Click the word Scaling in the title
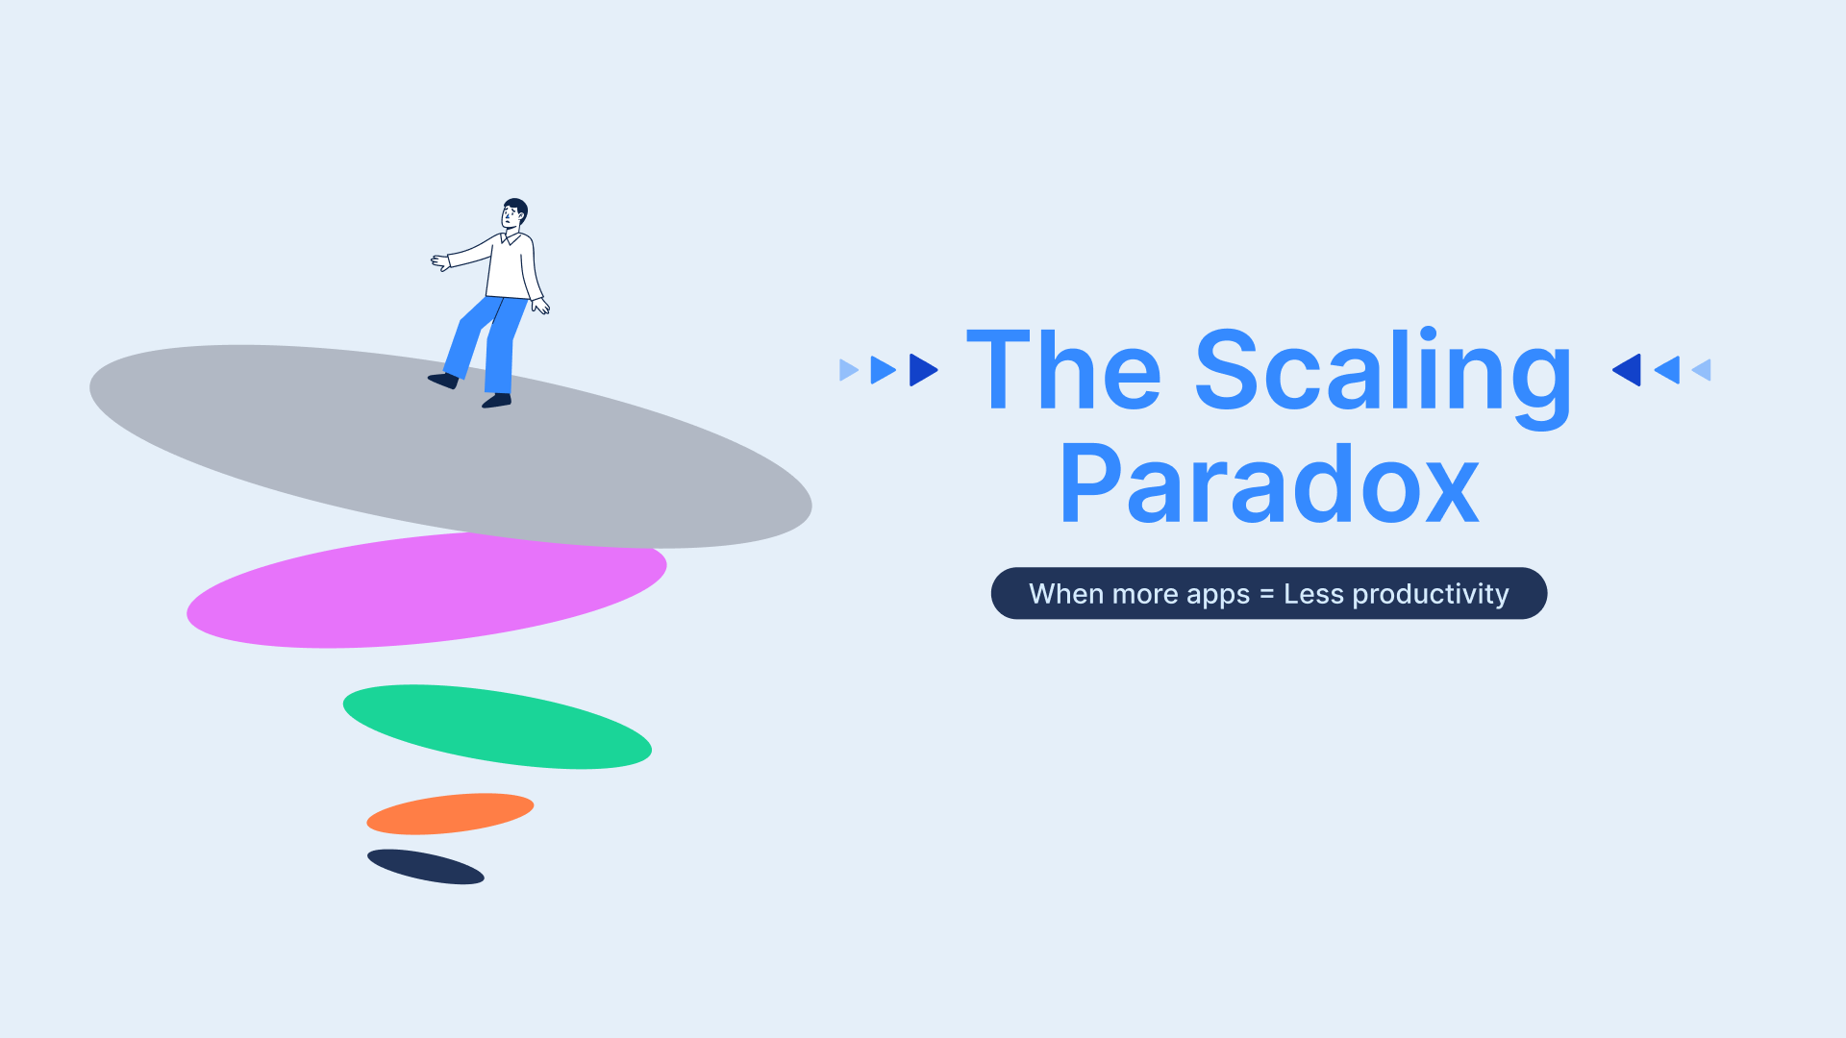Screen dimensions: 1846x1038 click(x=1384, y=377)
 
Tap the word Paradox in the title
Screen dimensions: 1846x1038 click(x=1269, y=485)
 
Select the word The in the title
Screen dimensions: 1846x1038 click(x=1064, y=369)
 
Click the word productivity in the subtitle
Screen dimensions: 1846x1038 click(x=1431, y=595)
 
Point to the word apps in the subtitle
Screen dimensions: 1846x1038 click(x=1218, y=596)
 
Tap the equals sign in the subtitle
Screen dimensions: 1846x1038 click(x=1267, y=595)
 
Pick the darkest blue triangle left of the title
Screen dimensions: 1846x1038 click(x=923, y=370)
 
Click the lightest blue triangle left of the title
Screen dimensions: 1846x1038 click(x=848, y=370)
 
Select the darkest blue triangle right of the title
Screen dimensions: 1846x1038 click(x=1627, y=370)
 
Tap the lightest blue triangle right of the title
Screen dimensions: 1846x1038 click(x=1702, y=370)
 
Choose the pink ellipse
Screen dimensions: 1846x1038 click(x=427, y=590)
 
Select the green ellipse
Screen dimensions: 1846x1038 click(x=497, y=727)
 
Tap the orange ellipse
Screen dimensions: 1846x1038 click(x=450, y=813)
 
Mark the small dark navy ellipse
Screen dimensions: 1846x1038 click(x=426, y=867)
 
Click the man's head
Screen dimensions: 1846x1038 click(x=514, y=213)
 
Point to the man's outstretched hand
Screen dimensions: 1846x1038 click(x=439, y=261)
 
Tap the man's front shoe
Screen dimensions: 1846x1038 click(x=496, y=401)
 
